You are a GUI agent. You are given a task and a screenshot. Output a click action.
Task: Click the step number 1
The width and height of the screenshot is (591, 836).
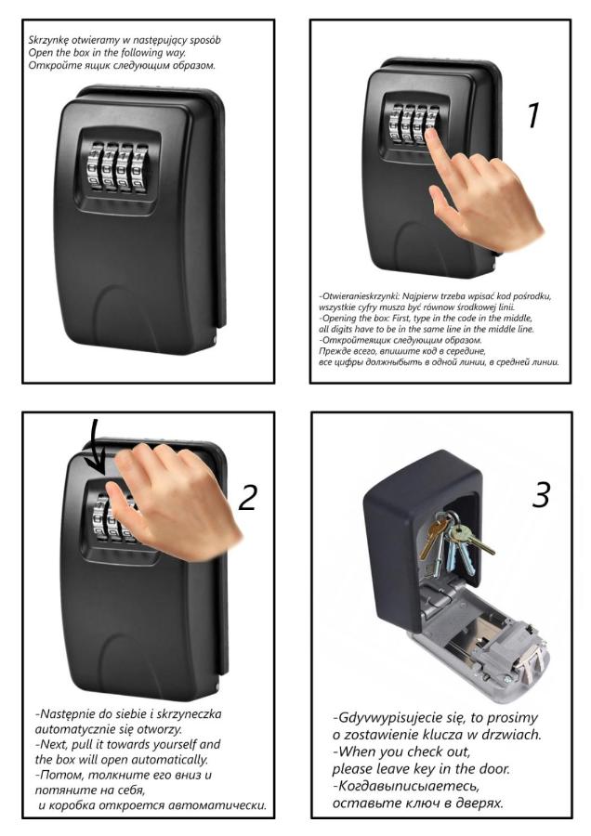point(534,116)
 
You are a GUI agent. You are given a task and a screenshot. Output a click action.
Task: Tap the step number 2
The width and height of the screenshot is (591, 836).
point(248,497)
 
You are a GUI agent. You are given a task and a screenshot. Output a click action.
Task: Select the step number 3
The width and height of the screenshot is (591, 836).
point(540,494)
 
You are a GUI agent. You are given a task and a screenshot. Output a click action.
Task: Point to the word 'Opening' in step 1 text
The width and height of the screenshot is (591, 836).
point(337,319)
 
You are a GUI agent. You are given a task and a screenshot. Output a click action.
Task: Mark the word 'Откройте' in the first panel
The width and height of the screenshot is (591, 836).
point(49,66)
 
